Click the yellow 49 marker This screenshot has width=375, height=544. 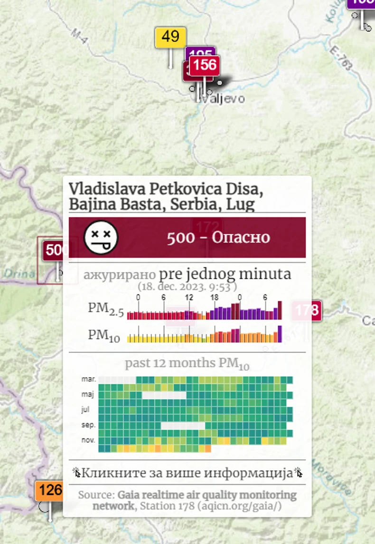coord(170,38)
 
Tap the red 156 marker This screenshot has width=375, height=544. coord(205,65)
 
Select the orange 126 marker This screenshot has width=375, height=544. coord(50,490)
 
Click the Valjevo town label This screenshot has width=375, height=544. coord(223,99)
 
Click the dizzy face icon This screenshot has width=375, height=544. coord(101,237)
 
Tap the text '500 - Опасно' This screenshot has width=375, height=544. coord(218,237)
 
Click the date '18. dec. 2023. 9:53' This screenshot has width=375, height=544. coord(187,287)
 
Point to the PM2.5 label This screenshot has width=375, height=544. coord(105,309)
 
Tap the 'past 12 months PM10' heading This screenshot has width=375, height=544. coord(187,364)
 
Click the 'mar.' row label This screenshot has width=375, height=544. coord(89,379)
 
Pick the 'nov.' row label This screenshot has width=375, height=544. coord(88,440)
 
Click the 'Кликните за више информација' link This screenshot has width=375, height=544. coord(187,473)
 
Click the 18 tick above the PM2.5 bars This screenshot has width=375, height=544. coord(214,297)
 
